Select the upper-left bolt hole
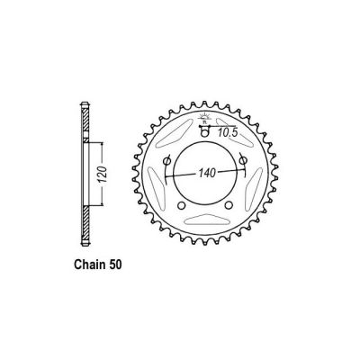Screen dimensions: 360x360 [169, 160]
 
